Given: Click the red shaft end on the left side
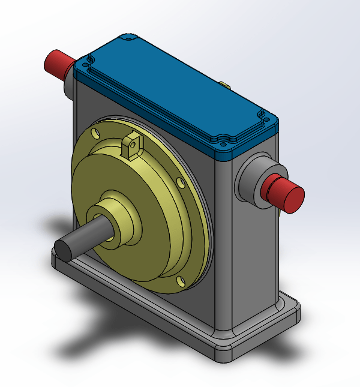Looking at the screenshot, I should pos(59,64).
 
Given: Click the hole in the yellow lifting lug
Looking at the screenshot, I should pos(133,143).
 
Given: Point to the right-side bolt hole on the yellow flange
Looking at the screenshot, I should pos(180,181).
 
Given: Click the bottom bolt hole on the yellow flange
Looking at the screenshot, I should pos(181,280).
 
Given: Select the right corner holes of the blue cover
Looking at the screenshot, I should pos(262,115).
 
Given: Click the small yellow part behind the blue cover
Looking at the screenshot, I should pos(223,85).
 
